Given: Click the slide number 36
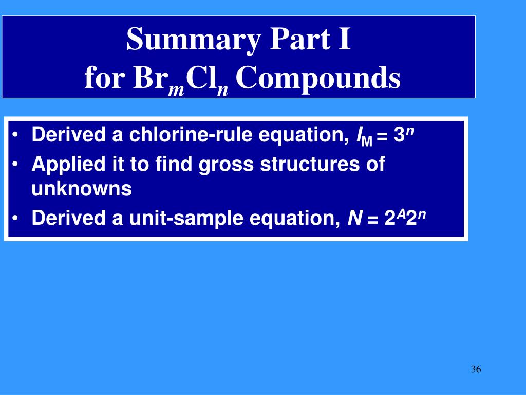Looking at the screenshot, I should (x=475, y=370).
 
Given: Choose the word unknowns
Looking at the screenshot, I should (x=82, y=189).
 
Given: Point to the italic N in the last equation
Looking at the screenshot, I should (x=354, y=219).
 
